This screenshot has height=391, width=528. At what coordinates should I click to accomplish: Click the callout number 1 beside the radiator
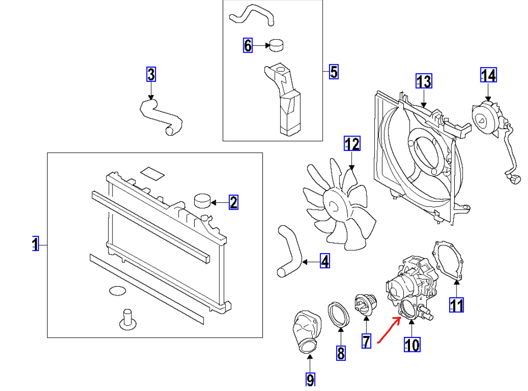point(35,244)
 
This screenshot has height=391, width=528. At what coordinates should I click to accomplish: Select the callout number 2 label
point(233,202)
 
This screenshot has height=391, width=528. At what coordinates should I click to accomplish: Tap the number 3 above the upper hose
point(151,74)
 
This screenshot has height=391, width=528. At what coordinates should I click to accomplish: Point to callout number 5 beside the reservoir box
point(333,72)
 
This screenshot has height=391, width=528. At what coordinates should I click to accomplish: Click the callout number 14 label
point(488,75)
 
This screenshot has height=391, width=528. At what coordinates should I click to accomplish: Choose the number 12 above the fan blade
point(352,144)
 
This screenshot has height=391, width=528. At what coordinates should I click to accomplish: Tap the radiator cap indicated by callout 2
point(202,201)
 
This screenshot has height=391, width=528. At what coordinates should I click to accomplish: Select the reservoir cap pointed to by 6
point(277,45)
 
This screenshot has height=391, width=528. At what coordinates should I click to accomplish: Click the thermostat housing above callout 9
point(304,332)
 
